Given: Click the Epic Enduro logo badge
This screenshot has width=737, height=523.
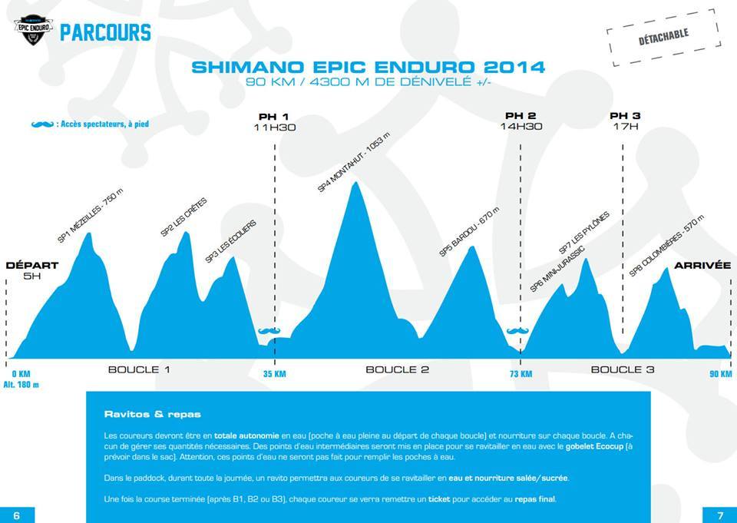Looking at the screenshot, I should (x=32, y=31).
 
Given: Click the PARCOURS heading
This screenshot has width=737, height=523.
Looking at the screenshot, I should (x=105, y=33).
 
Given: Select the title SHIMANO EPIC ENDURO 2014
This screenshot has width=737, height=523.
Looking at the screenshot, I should (x=368, y=68).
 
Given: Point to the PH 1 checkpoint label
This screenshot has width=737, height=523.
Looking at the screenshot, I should (x=274, y=116).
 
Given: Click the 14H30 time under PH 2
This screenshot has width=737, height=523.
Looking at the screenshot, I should (x=521, y=127).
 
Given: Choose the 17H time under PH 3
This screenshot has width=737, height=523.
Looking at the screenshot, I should (x=625, y=127).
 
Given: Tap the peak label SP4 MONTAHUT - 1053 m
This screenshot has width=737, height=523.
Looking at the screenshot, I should (x=354, y=162).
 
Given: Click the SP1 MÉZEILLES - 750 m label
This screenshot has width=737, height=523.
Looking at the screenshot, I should (x=91, y=217).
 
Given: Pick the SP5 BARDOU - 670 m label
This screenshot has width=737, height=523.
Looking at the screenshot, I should (x=469, y=231).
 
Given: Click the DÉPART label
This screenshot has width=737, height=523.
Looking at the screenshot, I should (x=32, y=266).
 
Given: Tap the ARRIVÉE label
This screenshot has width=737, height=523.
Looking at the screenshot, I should (x=702, y=266).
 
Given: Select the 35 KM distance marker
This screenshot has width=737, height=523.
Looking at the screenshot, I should (x=274, y=374).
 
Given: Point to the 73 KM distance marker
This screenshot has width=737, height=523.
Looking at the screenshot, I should (x=520, y=374).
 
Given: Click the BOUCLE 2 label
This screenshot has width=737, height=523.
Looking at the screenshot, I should (x=397, y=369).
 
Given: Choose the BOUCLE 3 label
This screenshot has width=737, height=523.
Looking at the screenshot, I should (x=622, y=369).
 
